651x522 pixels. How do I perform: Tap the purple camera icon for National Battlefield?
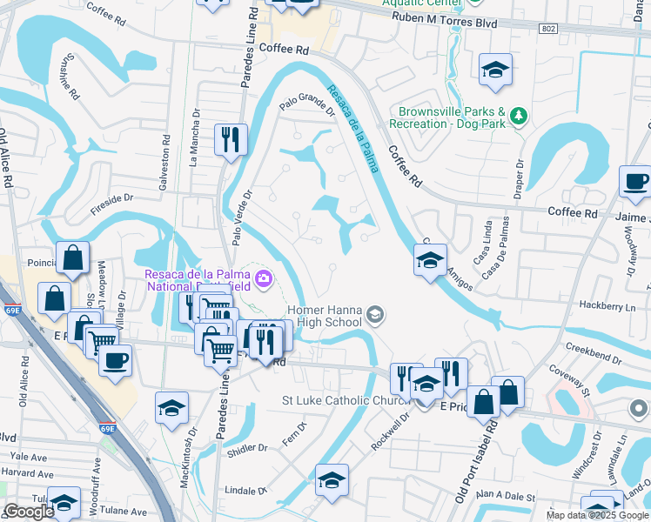(x=265, y=279)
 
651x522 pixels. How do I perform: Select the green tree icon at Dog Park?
(x=519, y=115)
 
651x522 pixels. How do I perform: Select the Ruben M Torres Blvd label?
(x=444, y=23)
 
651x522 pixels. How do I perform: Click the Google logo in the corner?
(x=28, y=512)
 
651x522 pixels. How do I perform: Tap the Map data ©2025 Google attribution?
(x=597, y=515)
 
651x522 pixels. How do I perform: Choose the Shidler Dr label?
(x=248, y=449)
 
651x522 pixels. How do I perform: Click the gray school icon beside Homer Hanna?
(x=375, y=315)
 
